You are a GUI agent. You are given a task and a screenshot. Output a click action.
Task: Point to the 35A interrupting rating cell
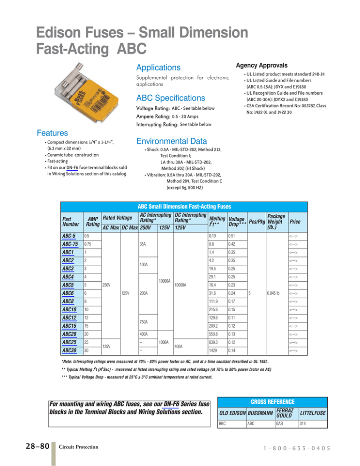click(x=144, y=244)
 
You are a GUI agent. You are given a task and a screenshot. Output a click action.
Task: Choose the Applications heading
click(x=158, y=68)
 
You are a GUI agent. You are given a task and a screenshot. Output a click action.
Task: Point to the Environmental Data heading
click(x=172, y=140)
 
